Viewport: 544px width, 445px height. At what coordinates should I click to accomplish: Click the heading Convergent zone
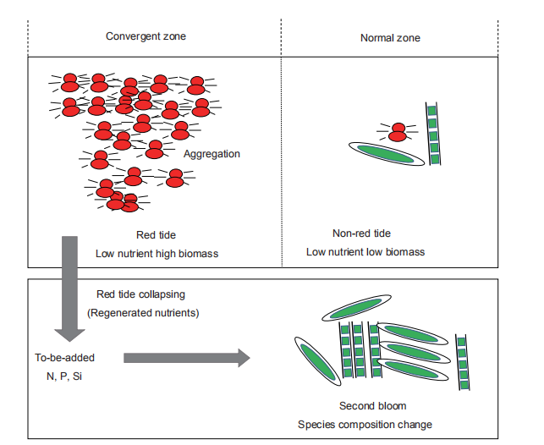[146, 36]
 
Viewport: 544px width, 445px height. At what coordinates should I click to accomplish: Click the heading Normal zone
[390, 38]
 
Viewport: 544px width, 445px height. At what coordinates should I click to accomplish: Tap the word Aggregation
[212, 154]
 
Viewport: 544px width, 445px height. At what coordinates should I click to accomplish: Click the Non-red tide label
[362, 233]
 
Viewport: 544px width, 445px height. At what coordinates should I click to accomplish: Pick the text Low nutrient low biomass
[365, 251]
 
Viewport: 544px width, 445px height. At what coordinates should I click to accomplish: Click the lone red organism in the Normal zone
[397, 132]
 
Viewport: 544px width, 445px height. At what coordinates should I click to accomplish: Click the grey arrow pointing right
[187, 358]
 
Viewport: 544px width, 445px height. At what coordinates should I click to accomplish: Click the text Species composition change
[364, 423]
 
